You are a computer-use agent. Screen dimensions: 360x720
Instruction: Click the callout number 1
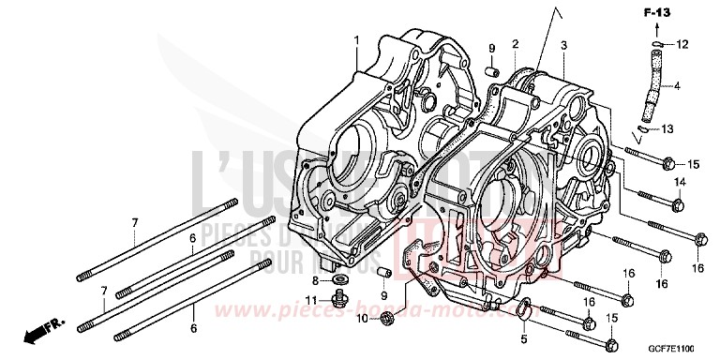(x=356, y=39)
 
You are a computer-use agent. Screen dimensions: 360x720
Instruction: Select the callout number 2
(x=515, y=44)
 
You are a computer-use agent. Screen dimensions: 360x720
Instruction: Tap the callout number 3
(x=563, y=45)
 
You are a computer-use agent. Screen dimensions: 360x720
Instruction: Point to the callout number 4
(x=689, y=88)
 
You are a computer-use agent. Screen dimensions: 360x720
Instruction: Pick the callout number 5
(x=524, y=338)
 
